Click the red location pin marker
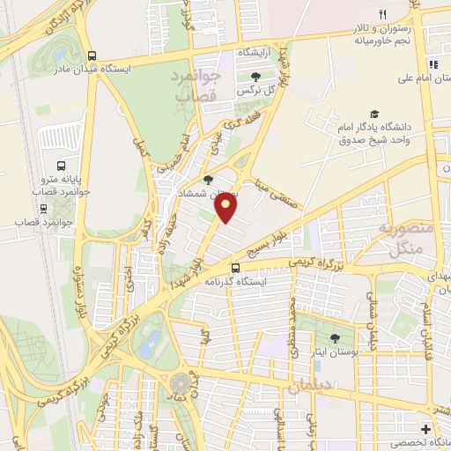pyautogui.click(x=227, y=209)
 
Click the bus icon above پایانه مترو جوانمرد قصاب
pyautogui.click(x=61, y=165)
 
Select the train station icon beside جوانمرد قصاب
pyautogui.click(x=44, y=210)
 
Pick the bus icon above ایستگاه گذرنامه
pyautogui.click(x=235, y=268)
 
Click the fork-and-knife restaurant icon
pyautogui.click(x=382, y=14)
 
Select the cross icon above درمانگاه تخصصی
pyautogui.click(x=426, y=428)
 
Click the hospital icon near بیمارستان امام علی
pyautogui.click(x=433, y=64)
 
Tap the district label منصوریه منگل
pyautogui.click(x=408, y=238)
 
